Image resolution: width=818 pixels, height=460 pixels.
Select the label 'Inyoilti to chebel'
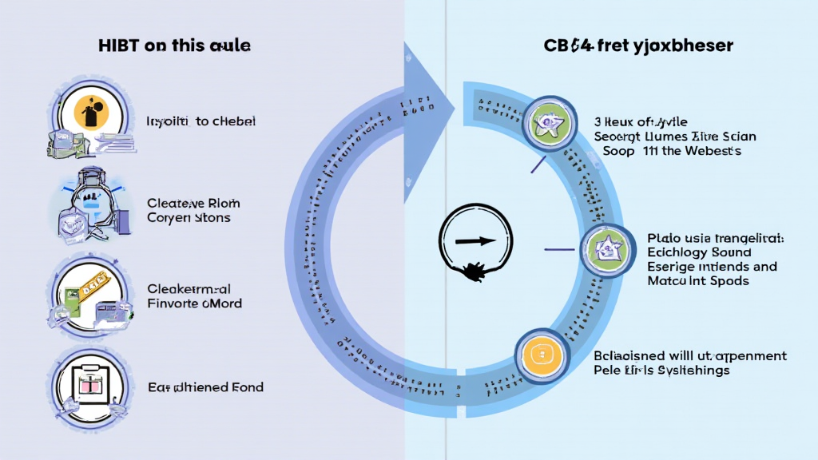click(x=201, y=121)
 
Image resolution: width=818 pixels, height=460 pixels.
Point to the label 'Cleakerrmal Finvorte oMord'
click(x=194, y=295)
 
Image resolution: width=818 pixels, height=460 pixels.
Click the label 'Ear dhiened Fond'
click(x=205, y=387)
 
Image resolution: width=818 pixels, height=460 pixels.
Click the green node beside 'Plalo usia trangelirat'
click(x=604, y=248)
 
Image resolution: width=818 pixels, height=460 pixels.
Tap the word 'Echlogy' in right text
click(x=674, y=253)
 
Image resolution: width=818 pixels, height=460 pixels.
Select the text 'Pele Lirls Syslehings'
click(x=661, y=371)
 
